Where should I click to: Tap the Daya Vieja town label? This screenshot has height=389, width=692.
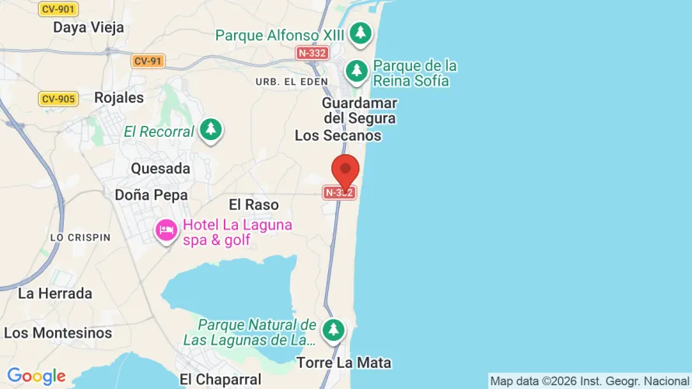(88, 27)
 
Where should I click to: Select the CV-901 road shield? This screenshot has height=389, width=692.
(58, 9)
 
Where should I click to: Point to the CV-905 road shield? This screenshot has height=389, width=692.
(58, 99)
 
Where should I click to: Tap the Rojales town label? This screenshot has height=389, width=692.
(119, 98)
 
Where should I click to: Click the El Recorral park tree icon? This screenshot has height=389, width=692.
(211, 129)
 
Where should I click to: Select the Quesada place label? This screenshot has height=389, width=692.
(160, 169)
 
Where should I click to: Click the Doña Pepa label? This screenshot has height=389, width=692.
(151, 194)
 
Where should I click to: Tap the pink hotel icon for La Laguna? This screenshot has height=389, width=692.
(166, 230)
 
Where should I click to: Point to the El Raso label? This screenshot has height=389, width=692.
(253, 205)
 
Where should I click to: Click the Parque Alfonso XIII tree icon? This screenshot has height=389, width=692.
(360, 33)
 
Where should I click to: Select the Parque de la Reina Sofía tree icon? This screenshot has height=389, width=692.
(357, 71)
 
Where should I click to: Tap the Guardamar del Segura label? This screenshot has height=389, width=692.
(359, 110)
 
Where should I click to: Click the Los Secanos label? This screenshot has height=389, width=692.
(338, 135)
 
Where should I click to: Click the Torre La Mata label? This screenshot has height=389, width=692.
(344, 363)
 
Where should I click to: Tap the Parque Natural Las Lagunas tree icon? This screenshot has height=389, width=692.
(334, 329)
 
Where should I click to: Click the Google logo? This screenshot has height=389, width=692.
(37, 377)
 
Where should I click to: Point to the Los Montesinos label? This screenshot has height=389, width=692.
(58, 333)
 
